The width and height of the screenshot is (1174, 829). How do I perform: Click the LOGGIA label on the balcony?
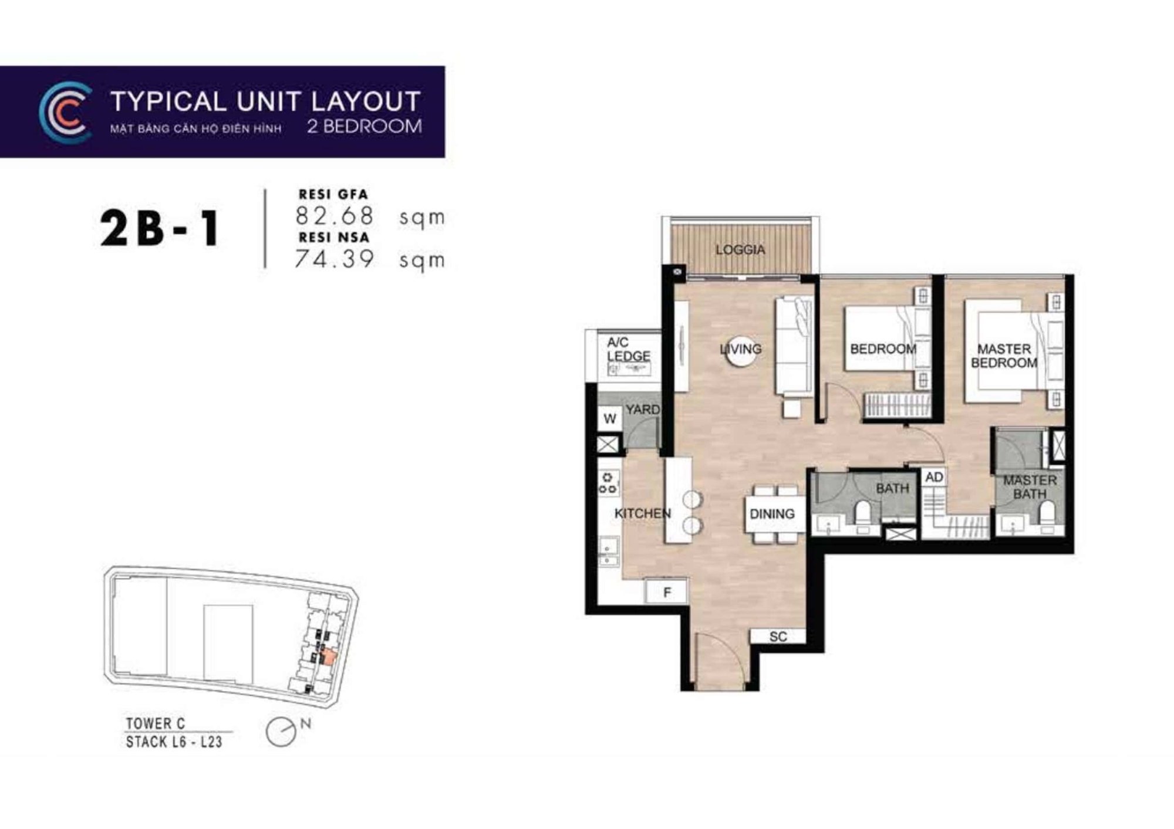(740, 250)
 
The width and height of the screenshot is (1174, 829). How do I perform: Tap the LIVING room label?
(741, 349)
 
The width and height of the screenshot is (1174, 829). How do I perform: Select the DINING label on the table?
(772, 514)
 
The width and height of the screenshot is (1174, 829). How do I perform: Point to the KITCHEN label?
(642, 513)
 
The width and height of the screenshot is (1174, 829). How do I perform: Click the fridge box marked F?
(666, 591)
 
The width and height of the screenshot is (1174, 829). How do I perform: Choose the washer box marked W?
(610, 418)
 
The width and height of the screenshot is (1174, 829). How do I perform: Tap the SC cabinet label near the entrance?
(778, 637)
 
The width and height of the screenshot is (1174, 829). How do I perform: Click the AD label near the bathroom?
(934, 477)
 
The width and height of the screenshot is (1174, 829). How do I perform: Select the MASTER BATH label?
(1030, 487)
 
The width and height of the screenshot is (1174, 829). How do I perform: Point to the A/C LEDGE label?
(628, 349)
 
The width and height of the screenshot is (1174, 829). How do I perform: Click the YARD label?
(642, 410)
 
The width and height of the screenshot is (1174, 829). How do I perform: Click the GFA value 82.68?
(335, 215)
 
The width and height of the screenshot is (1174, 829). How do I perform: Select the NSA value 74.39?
(334, 259)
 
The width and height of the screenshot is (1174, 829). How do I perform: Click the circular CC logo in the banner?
(65, 113)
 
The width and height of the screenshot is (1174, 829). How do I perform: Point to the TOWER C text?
(156, 723)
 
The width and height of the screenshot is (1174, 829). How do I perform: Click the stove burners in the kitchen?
(608, 482)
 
